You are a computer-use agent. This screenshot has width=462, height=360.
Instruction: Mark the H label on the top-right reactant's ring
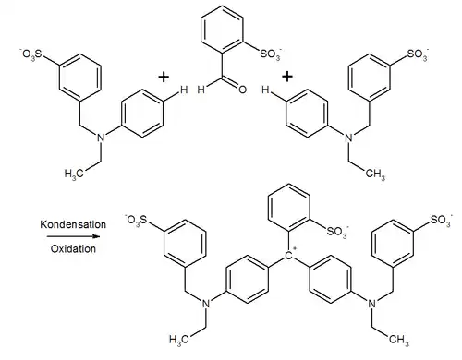pos(266,93)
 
